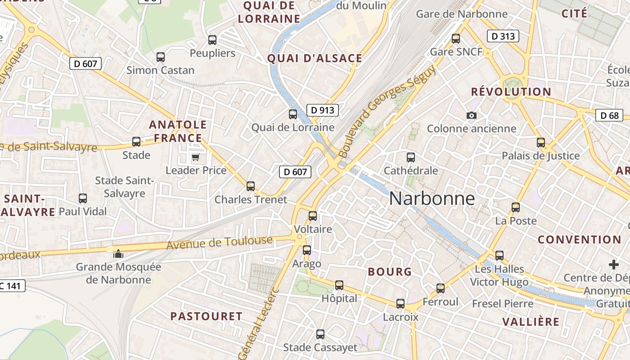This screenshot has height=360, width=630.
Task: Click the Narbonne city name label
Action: pyautogui.click(x=432, y=198)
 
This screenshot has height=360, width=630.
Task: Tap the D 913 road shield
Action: pyautogui.click(x=323, y=110)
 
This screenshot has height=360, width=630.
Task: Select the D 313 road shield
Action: pyautogui.click(x=503, y=36)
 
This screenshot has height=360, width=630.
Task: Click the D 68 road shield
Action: pyautogui.click(x=610, y=115)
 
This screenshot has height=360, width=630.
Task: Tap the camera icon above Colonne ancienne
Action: pyautogui.click(x=471, y=116)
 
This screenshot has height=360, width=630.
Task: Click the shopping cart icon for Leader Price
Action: pyautogui.click(x=195, y=157)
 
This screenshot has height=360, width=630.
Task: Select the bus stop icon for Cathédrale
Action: pyautogui.click(x=410, y=157)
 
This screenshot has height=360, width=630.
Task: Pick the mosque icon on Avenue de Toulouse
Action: pyautogui.click(x=118, y=254)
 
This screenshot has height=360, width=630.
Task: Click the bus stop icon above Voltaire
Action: pyautogui.click(x=313, y=216)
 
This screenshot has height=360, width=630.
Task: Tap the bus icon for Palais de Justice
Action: pyautogui.click(x=541, y=143)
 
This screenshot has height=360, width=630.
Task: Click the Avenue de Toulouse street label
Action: pyautogui.click(x=220, y=243)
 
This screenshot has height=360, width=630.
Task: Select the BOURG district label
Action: pyautogui.click(x=390, y=272)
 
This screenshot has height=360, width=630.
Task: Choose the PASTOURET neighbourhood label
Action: pyautogui.click(x=206, y=316)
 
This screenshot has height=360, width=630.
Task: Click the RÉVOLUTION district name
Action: pyautogui.click(x=511, y=92)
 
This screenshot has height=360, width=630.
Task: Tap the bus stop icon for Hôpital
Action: pyautogui.click(x=339, y=285)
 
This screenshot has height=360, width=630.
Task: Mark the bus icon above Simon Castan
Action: pyautogui.click(x=161, y=57)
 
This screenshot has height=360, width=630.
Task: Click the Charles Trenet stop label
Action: pyautogui.click(x=251, y=199)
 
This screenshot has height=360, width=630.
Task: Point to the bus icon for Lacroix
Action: pyautogui.click(x=400, y=304)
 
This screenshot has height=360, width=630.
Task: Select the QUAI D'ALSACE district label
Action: pyautogui.click(x=315, y=58)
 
